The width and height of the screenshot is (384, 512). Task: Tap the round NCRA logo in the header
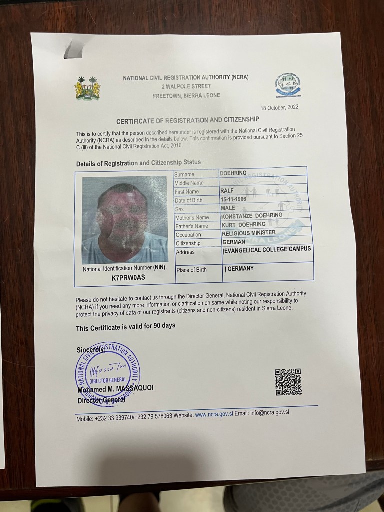287,86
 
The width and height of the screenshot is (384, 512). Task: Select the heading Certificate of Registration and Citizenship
188,120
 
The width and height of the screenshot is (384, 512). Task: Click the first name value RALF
227,190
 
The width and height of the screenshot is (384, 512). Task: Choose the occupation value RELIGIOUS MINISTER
248,233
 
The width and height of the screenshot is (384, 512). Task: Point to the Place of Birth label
191,270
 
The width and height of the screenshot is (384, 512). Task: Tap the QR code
288,382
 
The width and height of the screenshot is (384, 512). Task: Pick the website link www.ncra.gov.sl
214,414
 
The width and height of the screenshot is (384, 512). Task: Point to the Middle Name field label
188,183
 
